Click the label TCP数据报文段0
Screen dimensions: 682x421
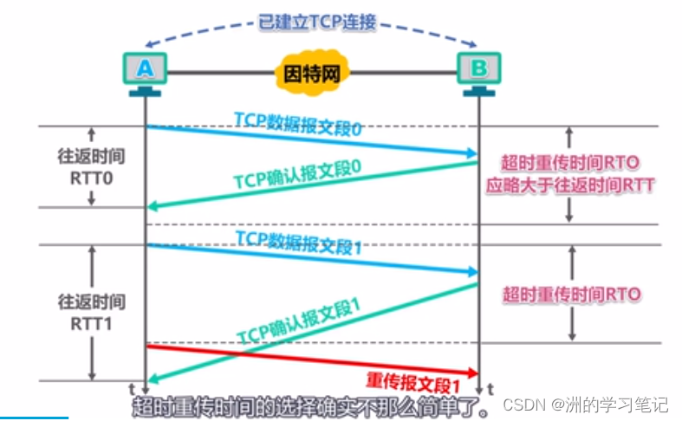click(297, 124)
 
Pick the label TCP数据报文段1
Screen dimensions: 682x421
click(297, 242)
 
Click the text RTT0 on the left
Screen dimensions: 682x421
click(91, 178)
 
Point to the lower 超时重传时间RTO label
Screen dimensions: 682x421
click(571, 295)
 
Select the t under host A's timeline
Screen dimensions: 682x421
click(133, 387)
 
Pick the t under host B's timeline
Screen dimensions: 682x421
click(490, 387)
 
